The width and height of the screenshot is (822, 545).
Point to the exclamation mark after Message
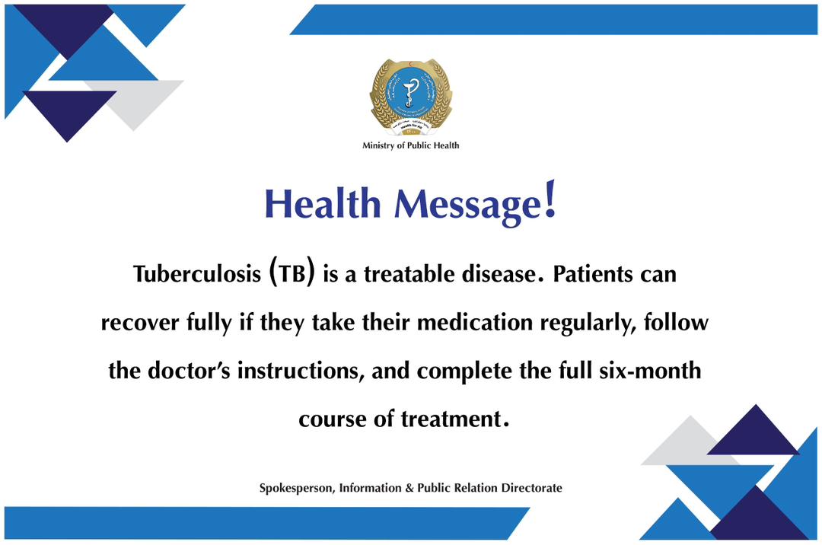(550, 200)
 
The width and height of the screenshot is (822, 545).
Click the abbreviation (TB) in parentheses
(292, 275)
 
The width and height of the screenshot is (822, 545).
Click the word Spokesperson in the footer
(295, 488)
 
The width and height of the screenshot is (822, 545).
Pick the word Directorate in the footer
(531, 488)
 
